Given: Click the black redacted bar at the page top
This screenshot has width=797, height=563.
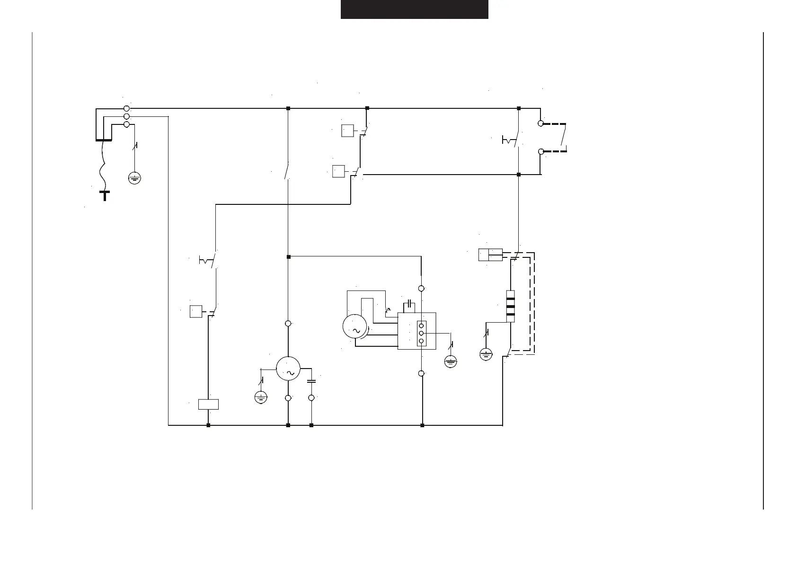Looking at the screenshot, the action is coord(414,9).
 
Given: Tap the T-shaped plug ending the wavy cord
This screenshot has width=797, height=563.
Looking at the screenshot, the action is coord(105,194).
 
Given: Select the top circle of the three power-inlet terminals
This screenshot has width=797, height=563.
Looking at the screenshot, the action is coord(126,108).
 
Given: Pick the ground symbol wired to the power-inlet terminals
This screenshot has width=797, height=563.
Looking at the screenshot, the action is coord(134,178).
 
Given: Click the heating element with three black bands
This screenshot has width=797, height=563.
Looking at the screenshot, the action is coord(510,306).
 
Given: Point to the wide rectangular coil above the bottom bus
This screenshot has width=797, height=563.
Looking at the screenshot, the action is coord(208,405).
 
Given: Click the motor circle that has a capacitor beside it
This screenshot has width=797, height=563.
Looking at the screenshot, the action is coord(288,369).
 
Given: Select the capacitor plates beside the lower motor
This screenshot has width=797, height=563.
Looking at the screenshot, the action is coord(311,381).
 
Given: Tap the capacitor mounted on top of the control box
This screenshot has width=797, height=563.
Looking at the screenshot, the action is coord(409,303).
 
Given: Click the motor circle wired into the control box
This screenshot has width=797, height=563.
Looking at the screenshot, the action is coord(354,326).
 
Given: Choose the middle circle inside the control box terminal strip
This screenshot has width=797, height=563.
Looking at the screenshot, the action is coord(421,334).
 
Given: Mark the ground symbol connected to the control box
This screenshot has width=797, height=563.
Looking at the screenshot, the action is coord(451,362).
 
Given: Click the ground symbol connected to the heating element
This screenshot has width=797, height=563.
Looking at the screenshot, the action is coord(486,354).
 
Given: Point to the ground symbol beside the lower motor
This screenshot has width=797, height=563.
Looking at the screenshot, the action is coord(261,397).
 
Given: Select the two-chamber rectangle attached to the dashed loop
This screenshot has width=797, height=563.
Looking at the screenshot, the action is coord(490,255).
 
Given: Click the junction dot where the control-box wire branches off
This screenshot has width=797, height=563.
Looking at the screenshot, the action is coord(288,257).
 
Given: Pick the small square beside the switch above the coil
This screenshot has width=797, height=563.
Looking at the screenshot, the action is coord(196,312).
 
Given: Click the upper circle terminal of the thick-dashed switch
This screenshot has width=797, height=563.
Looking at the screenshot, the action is coord(540,123).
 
